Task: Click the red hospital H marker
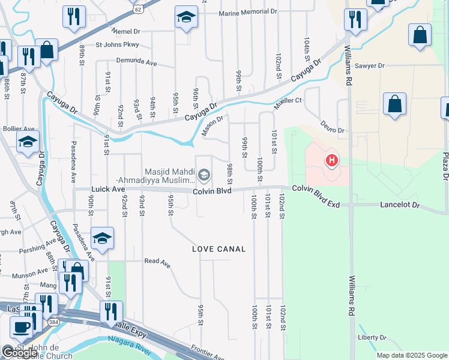[x=331, y=161]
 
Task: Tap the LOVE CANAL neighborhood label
[x=219, y=249]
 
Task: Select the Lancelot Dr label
[x=399, y=205]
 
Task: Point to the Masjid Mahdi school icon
[x=204, y=175]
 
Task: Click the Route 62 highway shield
[x=138, y=8]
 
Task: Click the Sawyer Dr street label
[x=369, y=66]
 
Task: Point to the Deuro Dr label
[x=331, y=130]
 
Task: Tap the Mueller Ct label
[x=288, y=100]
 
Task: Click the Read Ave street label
[x=157, y=262]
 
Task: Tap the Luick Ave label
[x=108, y=189]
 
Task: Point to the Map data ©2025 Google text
[x=412, y=355]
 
